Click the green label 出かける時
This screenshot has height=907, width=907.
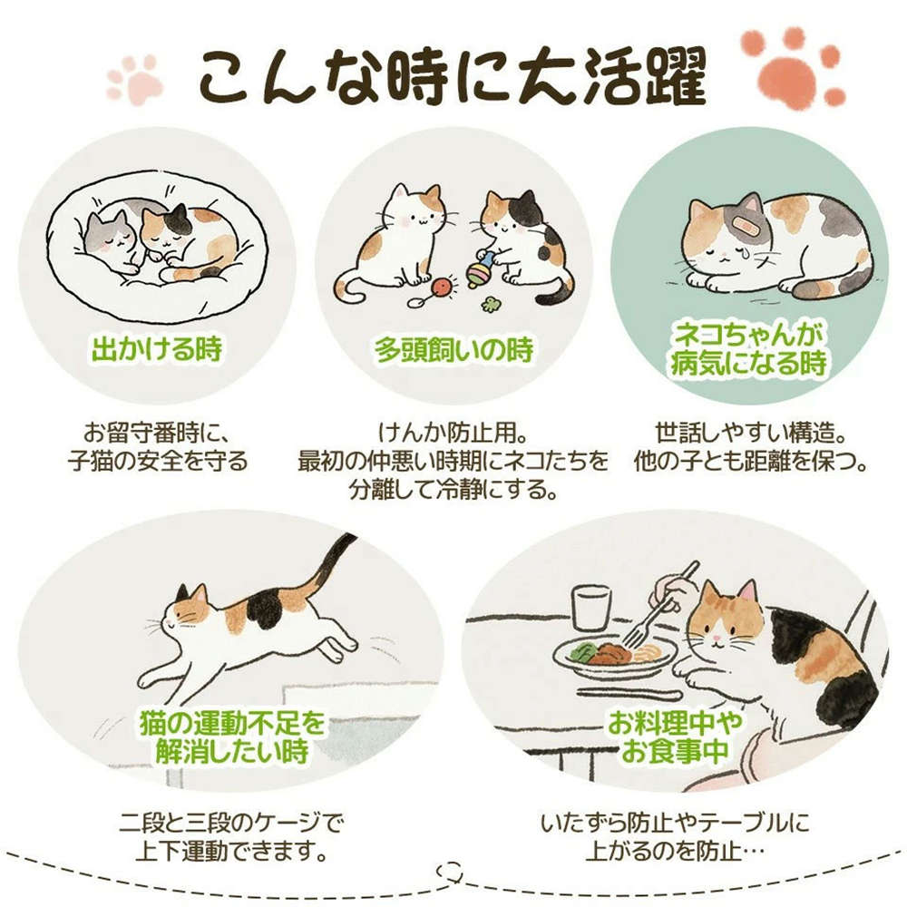157,349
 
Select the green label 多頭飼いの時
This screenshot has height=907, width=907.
453,349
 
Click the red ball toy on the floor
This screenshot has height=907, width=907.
444,287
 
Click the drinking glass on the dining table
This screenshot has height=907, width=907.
591,608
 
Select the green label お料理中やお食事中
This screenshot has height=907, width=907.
675,736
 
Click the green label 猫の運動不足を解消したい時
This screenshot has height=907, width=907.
232,737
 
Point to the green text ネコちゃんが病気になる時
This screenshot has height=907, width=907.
749,349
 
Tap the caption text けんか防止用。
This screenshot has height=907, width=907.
452,432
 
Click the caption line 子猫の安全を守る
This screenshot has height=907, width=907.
157,461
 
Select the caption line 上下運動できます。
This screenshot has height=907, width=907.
231,851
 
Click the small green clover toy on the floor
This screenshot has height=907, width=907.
491,305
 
